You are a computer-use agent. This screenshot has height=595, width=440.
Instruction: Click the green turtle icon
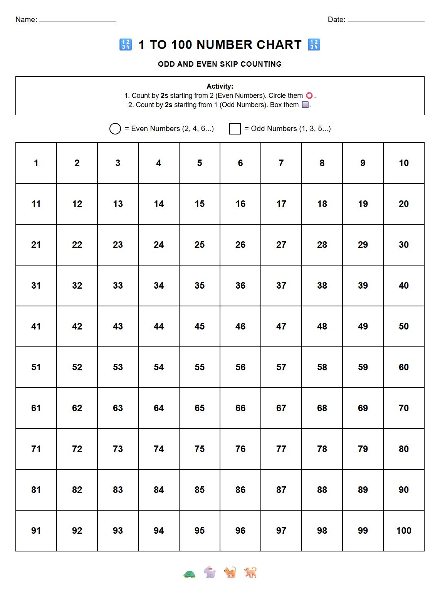[x=189, y=574]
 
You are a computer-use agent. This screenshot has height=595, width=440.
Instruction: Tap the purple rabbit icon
[x=210, y=572]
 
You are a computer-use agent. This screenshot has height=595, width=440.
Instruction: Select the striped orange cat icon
[x=230, y=572]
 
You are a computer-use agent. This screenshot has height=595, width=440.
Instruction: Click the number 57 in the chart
[x=281, y=367]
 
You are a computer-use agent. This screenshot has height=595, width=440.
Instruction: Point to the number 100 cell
[x=404, y=531]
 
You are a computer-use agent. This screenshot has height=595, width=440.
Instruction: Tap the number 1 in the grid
[x=36, y=163]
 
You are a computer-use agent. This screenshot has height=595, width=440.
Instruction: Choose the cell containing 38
[x=322, y=286]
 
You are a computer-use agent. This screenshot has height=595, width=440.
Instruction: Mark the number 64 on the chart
[x=159, y=408]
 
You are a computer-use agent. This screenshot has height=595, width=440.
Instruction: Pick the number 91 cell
[x=36, y=531]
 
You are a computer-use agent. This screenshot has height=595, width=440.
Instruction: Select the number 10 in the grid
[x=404, y=163]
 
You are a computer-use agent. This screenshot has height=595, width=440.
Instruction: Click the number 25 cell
[x=200, y=245]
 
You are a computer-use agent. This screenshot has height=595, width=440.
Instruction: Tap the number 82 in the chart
[x=77, y=490]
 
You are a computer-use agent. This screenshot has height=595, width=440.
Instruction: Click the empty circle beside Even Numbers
[x=115, y=129]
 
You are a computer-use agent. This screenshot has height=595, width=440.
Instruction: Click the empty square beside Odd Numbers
[x=235, y=129]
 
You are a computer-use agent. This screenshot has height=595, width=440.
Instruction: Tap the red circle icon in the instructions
[x=309, y=96]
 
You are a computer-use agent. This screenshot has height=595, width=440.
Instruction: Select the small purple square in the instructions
[x=305, y=105]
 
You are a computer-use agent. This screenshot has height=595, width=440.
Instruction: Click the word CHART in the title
[x=279, y=45]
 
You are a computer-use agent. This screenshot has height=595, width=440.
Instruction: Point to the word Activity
[x=220, y=86]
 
